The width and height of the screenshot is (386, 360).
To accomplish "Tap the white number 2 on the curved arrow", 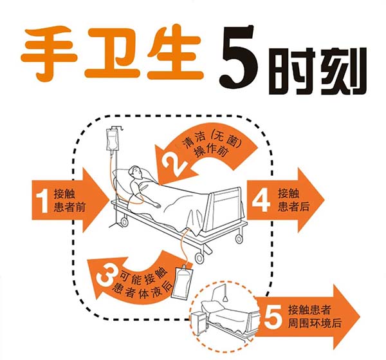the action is click(x=173, y=164).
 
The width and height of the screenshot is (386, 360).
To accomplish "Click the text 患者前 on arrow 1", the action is click(x=69, y=207).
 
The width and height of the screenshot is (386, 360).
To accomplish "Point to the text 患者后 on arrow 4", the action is click(x=294, y=206).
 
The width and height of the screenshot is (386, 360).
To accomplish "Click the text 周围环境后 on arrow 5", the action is click(x=315, y=323).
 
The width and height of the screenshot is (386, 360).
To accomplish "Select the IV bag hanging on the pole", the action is click(x=112, y=140).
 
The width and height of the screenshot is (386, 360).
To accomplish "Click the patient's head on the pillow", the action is click(x=136, y=172).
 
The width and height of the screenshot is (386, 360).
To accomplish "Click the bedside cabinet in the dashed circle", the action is click(x=199, y=323).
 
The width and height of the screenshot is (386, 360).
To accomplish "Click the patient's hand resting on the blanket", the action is click(x=156, y=205).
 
